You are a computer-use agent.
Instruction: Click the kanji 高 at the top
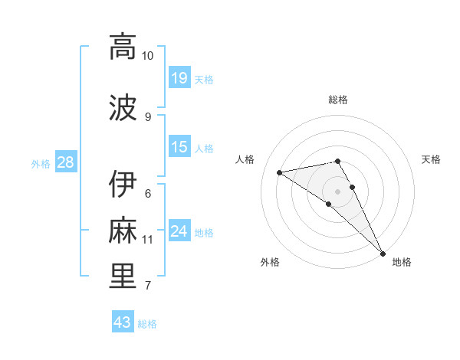tap(123, 47)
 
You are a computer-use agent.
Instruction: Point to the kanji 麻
tap(123, 231)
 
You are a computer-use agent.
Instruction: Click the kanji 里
tap(123, 277)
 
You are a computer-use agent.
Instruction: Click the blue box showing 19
tap(179, 78)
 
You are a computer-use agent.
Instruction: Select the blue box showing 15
tap(179, 147)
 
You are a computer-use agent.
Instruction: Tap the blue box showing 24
tap(179, 231)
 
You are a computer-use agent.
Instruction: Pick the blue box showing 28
tap(65, 162)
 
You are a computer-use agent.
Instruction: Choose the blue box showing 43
tap(123, 322)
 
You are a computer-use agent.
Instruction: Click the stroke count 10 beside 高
tap(147, 56)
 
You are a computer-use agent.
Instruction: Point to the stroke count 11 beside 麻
tap(147, 240)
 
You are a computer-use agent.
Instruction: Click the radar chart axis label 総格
tap(338, 100)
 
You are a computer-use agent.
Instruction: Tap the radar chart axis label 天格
tap(432, 159)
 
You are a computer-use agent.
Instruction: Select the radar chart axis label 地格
tap(402, 262)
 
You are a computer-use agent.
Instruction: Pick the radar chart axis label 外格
tap(270, 262)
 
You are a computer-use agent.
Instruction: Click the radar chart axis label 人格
tap(245, 159)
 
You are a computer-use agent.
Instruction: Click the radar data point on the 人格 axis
tap(280, 172)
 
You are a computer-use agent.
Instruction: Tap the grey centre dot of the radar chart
tap(337, 191)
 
